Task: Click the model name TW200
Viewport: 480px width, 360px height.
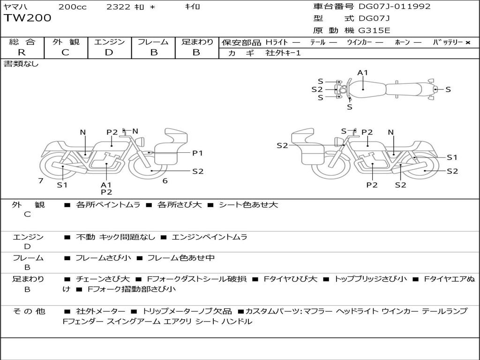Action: pyautogui.click(x=28, y=18)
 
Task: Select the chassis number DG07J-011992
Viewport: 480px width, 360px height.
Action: pyautogui.click(x=395, y=7)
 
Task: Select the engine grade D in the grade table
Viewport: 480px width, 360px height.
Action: pyautogui.click(x=109, y=52)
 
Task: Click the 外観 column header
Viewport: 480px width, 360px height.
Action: pyautogui.click(x=66, y=42)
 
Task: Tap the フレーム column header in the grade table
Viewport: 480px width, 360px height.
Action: pyautogui.click(x=153, y=42)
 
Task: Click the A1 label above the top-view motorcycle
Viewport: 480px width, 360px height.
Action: pyautogui.click(x=363, y=73)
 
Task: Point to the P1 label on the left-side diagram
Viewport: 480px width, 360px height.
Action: pyautogui.click(x=197, y=153)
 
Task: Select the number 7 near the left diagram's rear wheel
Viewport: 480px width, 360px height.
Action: pyautogui.click(x=41, y=181)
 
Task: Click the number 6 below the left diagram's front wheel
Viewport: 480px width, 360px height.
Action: pyautogui.click(x=165, y=181)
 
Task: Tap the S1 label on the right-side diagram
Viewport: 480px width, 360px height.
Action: pyautogui.click(x=452, y=157)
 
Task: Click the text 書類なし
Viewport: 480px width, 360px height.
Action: pyautogui.click(x=22, y=64)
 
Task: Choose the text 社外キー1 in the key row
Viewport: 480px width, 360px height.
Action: pyautogui.click(x=283, y=53)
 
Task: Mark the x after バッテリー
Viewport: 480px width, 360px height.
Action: pyautogui.click(x=467, y=43)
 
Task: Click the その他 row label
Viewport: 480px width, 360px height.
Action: pyautogui.click(x=28, y=311)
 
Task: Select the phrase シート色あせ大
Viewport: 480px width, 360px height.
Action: pyautogui.click(x=248, y=205)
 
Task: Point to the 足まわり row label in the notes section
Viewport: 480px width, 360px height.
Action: pyautogui.click(x=28, y=279)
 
